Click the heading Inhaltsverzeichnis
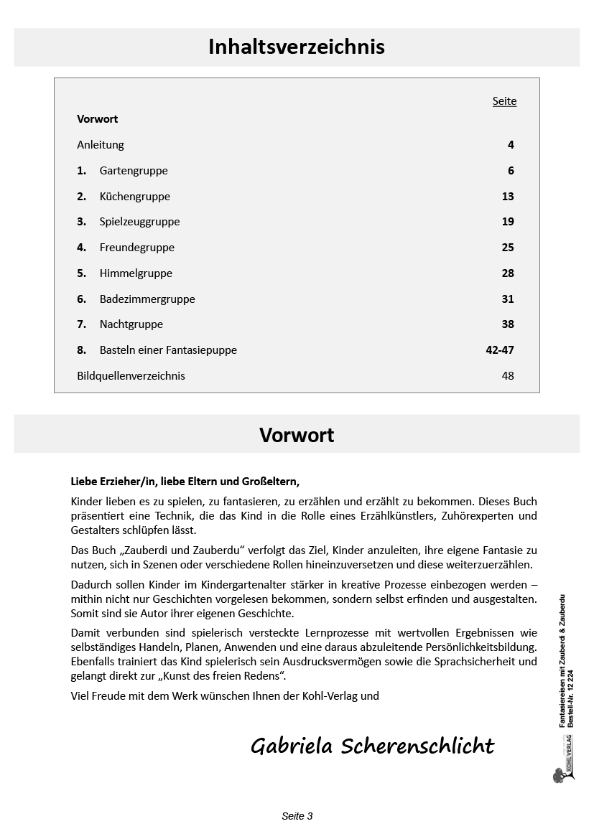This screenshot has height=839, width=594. click(297, 47)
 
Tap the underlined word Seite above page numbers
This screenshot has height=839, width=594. click(504, 101)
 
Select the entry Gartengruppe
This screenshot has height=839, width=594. click(134, 171)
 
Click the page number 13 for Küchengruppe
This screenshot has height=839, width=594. click(508, 197)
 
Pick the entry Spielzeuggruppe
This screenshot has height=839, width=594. click(139, 222)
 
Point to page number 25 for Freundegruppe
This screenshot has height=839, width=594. click(508, 248)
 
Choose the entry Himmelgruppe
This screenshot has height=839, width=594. click(136, 273)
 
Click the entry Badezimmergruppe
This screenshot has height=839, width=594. click(147, 299)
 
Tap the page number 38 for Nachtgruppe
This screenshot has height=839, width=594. click(508, 324)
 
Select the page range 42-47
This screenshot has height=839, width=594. click(500, 350)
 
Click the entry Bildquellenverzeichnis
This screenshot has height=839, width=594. click(131, 376)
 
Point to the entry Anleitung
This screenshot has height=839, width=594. click(101, 145)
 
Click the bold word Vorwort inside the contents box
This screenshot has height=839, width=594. click(97, 119)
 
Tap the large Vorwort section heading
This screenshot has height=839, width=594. click(297, 435)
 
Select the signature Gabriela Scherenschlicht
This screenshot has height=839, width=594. click(372, 746)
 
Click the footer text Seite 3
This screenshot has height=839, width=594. click(297, 816)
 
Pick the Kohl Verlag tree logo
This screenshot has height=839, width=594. click(559, 774)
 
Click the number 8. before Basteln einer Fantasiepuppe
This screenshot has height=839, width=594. click(81, 350)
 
